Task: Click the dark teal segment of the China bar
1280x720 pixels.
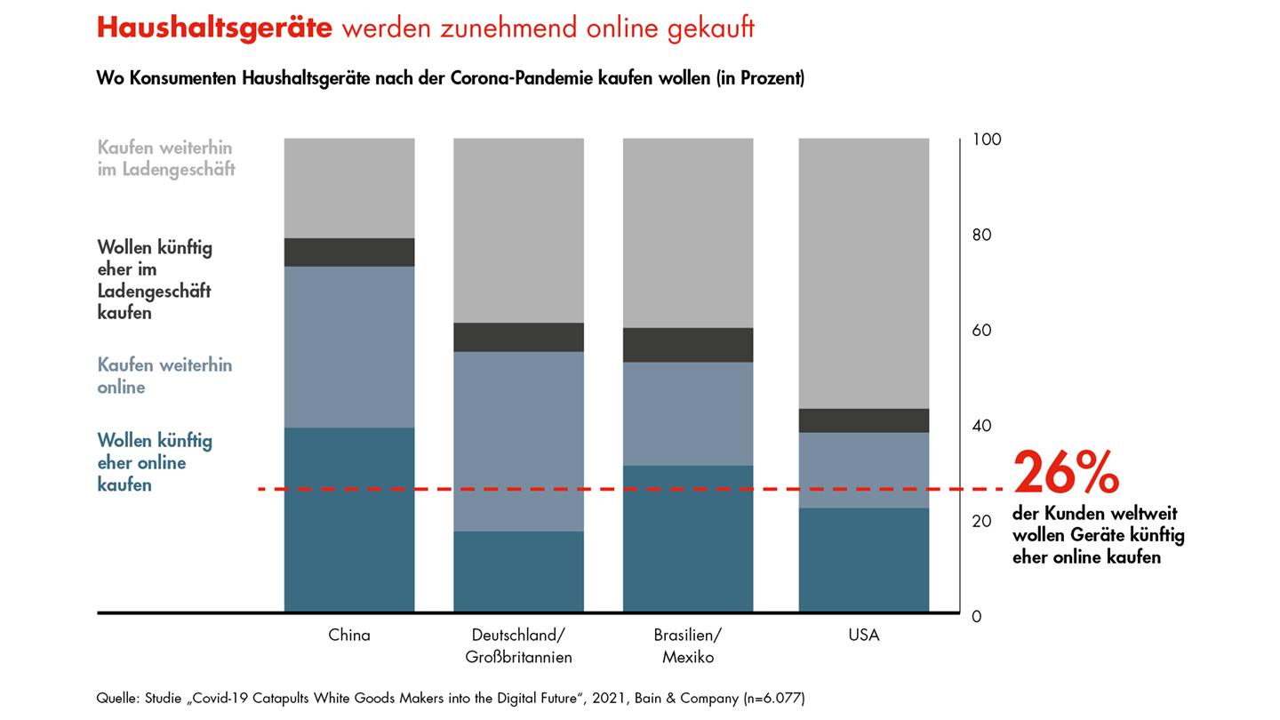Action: (349, 533)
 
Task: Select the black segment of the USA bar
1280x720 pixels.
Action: (864, 420)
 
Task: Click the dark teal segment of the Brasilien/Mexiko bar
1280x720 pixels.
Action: (688, 551)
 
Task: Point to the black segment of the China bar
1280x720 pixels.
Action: (349, 252)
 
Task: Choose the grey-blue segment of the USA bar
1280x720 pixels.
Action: (864, 470)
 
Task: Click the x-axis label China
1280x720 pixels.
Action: (349, 636)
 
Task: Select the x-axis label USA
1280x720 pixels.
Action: (864, 636)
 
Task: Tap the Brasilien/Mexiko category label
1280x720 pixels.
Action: (688, 646)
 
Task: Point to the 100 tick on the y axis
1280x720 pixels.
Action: (987, 140)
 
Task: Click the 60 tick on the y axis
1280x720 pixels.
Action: (983, 331)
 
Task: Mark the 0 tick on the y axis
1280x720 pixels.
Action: (978, 616)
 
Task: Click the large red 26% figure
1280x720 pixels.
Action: (1066, 473)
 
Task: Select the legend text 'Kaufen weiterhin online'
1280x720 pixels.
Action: (164, 376)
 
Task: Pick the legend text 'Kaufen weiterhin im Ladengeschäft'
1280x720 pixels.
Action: (166, 157)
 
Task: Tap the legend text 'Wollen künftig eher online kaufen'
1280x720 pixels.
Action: (155, 462)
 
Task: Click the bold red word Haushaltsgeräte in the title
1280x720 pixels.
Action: (214, 28)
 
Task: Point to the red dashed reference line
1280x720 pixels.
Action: (622, 489)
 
